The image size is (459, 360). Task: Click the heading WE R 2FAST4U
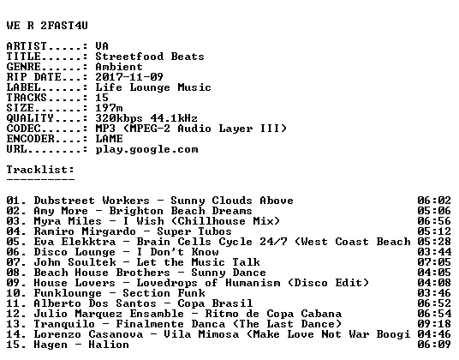47,26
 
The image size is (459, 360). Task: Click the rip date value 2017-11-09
129,77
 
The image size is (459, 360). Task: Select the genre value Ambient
119,67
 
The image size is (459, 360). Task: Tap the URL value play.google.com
146,149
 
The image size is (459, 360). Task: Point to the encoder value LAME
110,139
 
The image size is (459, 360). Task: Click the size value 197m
110,108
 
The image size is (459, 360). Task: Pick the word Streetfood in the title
129,57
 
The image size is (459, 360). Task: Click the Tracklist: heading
40,170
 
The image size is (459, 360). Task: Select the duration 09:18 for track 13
434,324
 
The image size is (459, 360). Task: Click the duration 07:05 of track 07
434,262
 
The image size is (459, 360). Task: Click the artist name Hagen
51,345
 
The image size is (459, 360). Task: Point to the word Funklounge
68,293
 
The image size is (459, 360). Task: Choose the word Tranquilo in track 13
64,324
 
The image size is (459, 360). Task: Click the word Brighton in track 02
136,211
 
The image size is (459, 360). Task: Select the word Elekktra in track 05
88,242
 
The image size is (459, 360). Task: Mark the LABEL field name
23,87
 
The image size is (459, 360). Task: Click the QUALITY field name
30,118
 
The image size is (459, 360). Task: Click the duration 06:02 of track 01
434,201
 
